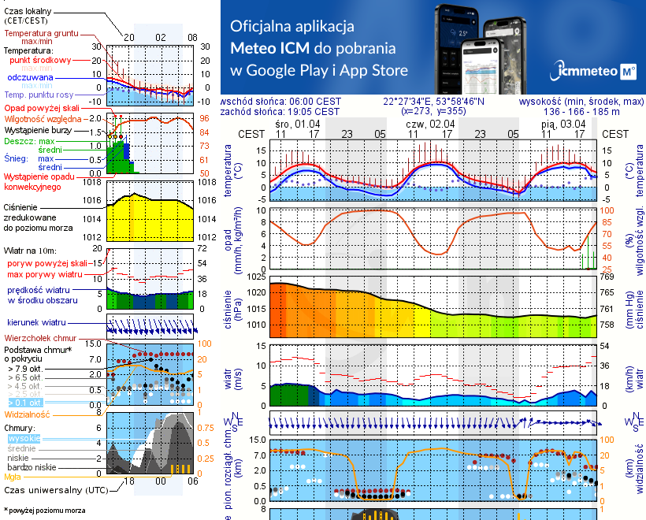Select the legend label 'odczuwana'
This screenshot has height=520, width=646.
point(30,78)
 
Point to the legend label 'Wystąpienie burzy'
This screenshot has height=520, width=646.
point(39,128)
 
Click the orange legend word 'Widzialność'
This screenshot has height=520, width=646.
point(28,414)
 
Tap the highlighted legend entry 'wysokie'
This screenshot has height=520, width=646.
point(24,438)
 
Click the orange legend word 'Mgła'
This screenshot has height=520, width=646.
point(13,477)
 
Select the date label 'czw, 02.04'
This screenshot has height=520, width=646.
point(430,124)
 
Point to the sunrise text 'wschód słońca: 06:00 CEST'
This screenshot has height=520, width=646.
point(281,102)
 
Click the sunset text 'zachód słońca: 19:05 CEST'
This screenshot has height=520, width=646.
point(281,112)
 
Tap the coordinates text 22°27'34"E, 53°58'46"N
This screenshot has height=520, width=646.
point(434,102)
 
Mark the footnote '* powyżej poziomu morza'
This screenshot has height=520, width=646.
point(44,511)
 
